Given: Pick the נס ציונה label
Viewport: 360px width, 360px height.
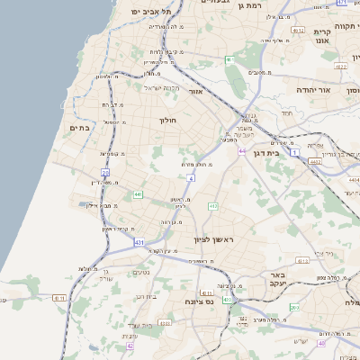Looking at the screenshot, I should [x=197, y=301].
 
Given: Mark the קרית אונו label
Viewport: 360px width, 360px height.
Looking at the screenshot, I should [x=322, y=33].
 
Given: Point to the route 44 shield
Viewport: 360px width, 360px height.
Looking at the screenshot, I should [x=242, y=151].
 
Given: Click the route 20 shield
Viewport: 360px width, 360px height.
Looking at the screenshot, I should [x=105, y=172].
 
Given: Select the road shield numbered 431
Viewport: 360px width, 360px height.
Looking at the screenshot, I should [x=139, y=242].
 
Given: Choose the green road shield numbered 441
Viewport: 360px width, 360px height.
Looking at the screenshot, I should [x=138, y=193].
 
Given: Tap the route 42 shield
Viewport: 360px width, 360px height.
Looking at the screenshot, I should [x=130, y=345].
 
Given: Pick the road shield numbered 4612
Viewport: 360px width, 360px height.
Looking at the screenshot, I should [x=340, y=66].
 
